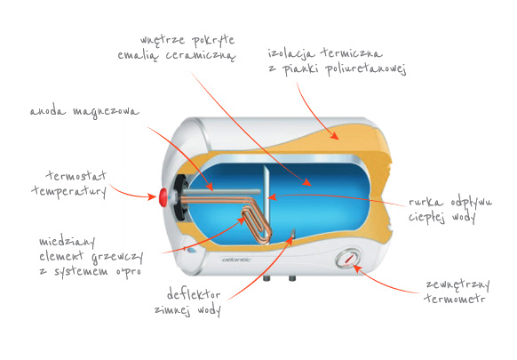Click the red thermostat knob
163,197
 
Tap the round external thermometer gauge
347,259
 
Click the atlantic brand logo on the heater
236,260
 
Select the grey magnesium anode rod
221,192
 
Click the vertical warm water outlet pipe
266,204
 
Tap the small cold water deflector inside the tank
293,233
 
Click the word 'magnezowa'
106,111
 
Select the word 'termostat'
76,175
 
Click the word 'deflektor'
194,293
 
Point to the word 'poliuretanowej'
366,69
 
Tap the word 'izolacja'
291,53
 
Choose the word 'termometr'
456,299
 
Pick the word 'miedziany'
67,242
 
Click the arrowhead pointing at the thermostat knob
152,197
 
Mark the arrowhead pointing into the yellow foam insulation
334,136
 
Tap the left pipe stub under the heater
267,278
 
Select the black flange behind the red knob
179,197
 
